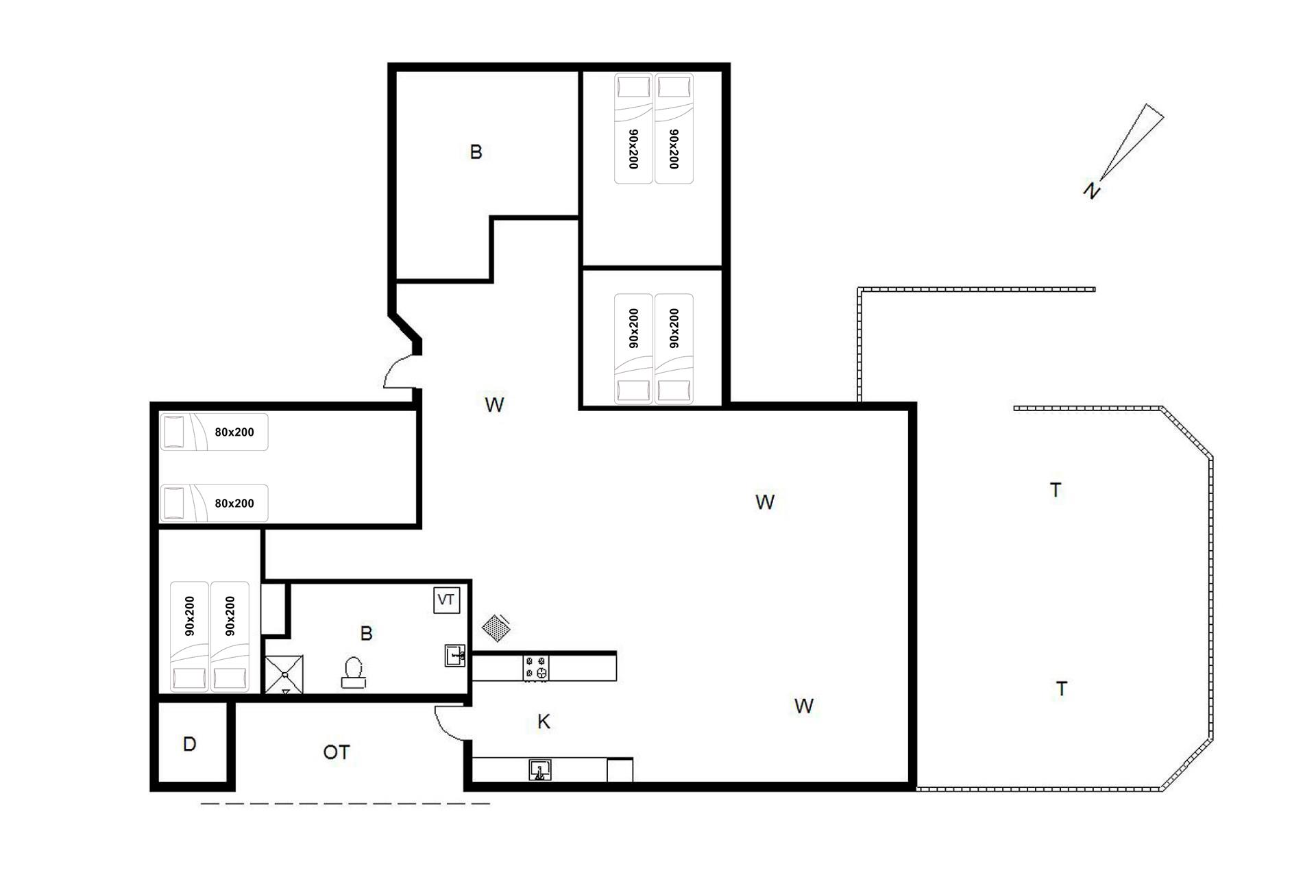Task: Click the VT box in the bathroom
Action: click(x=446, y=600)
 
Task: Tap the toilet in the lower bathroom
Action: click(x=353, y=672)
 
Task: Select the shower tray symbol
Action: click(x=284, y=674)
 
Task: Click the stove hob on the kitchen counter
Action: click(x=536, y=668)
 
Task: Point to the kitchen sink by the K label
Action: click(x=540, y=770)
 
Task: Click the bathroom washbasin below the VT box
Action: click(x=455, y=655)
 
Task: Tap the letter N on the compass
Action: click(x=1091, y=190)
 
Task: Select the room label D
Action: click(x=190, y=744)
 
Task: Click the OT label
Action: click(x=336, y=752)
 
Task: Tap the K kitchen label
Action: click(x=544, y=721)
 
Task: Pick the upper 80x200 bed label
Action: click(x=234, y=432)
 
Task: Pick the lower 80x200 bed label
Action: click(x=234, y=504)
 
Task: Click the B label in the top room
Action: click(x=476, y=151)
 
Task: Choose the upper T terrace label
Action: click(x=1056, y=490)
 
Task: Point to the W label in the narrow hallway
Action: click(x=494, y=405)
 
